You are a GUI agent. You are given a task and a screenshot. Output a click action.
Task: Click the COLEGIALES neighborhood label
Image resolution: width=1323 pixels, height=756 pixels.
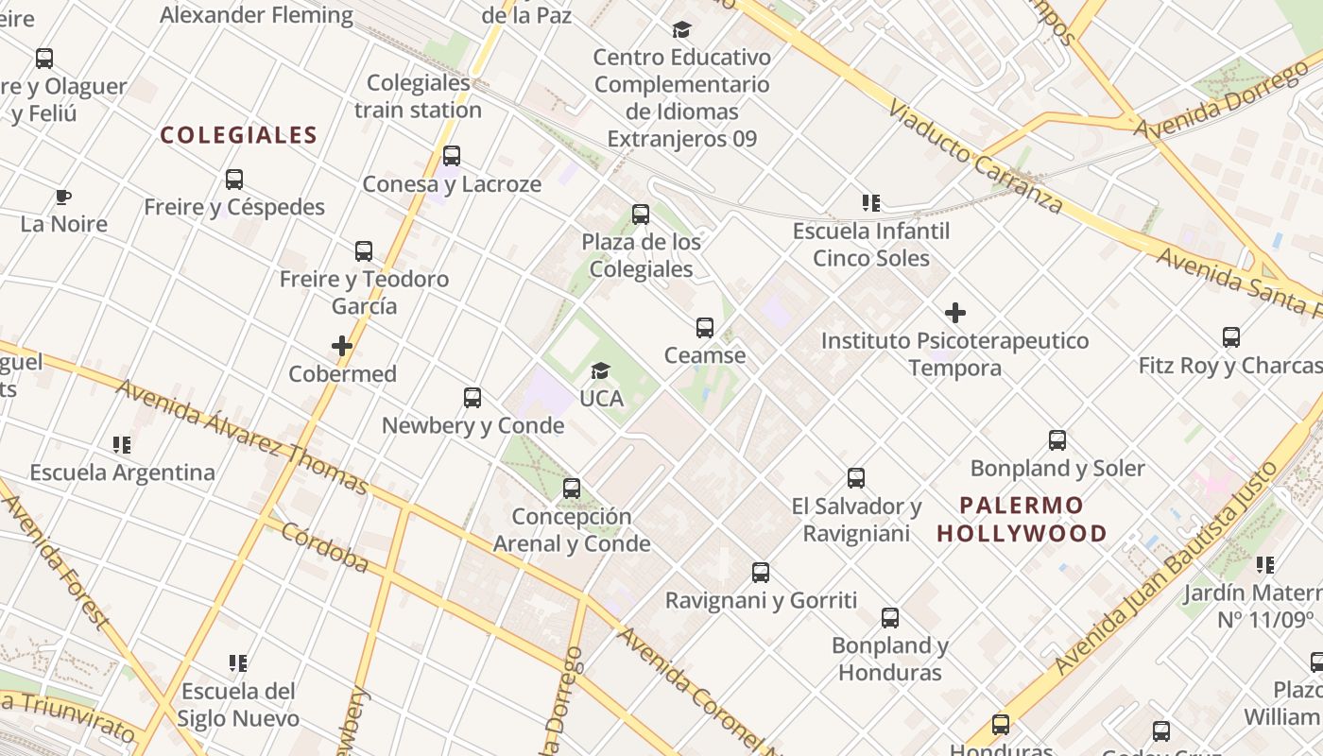tap(238, 135)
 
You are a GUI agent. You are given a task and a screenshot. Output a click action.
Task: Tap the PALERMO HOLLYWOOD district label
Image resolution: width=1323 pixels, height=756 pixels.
tap(1022, 519)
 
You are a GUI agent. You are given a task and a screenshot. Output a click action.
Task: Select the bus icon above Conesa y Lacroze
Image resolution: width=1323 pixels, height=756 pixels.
tap(452, 156)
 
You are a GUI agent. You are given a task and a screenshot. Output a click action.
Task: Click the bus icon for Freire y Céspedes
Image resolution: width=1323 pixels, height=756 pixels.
tap(234, 180)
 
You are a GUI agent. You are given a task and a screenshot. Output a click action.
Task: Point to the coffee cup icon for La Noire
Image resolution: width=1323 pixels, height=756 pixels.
tap(63, 197)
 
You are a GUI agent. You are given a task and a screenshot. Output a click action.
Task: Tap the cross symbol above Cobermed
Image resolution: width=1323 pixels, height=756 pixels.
tap(342, 346)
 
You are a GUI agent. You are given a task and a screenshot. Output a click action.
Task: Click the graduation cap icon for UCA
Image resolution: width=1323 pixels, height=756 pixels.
tap(600, 370)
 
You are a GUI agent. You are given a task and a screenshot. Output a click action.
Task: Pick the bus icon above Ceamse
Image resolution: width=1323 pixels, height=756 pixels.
tap(705, 328)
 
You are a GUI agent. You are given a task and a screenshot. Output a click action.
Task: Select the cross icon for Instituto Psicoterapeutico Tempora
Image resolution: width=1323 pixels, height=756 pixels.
tap(955, 313)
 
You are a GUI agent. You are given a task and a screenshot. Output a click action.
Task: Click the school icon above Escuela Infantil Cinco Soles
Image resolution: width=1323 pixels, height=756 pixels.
tap(871, 202)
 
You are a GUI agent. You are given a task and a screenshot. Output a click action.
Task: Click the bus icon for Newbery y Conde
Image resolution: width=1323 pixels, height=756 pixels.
tap(472, 398)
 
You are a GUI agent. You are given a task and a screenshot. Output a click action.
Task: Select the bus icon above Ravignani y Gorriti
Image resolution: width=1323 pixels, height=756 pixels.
tap(761, 573)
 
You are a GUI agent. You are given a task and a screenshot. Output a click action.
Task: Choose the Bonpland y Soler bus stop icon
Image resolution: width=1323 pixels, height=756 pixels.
tap(1057, 440)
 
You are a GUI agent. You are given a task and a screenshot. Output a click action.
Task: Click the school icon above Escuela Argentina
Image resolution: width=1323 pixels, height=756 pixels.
tap(122, 444)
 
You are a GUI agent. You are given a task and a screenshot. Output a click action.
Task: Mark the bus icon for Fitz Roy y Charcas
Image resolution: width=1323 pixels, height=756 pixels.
tap(1230, 337)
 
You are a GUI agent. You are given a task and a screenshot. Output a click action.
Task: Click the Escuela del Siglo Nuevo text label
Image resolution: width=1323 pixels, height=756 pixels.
tap(238, 704)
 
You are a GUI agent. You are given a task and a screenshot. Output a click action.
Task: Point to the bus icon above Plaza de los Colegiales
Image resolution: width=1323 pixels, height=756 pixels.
tap(641, 215)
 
